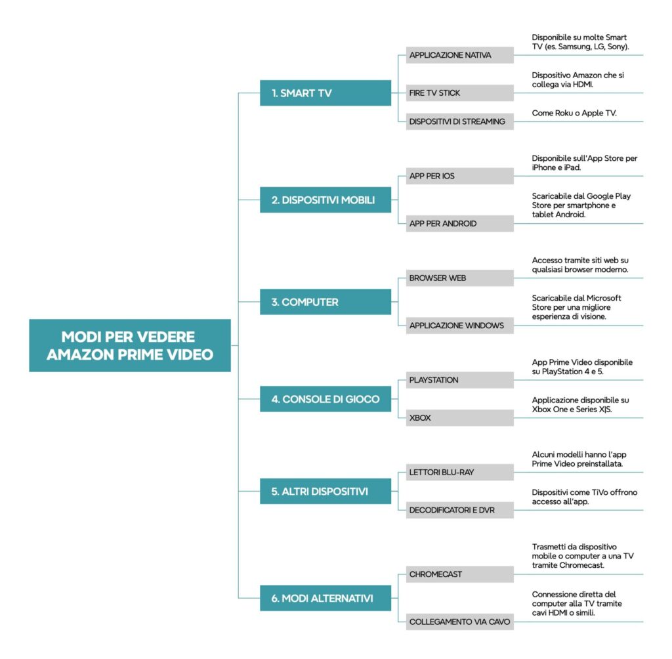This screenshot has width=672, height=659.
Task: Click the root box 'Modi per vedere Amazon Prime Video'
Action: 129,345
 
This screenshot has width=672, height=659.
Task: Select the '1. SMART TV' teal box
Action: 325,93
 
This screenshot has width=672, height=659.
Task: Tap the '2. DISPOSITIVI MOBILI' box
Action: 325,200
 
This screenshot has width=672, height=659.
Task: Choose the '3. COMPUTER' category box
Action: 325,302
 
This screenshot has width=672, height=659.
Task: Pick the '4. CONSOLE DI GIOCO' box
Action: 325,399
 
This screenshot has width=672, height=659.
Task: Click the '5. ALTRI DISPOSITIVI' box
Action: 325,491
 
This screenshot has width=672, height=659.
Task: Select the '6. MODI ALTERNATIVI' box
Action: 325,598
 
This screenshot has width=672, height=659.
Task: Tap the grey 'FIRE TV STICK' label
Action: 459,93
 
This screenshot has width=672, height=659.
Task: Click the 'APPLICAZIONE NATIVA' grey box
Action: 459,55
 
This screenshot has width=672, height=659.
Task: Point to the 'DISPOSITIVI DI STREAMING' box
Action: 459,121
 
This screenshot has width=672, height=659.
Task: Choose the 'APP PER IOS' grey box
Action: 459,177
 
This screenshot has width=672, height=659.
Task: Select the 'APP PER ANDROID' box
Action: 459,224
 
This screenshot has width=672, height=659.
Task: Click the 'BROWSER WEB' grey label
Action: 459,278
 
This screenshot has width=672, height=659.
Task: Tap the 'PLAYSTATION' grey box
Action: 459,380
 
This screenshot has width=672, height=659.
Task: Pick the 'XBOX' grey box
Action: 459,417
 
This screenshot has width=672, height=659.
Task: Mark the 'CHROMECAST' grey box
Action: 459,574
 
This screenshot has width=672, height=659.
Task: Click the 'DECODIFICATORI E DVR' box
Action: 459,510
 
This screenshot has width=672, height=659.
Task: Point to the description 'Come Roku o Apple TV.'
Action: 575,113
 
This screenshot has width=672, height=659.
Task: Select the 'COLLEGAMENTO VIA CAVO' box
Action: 459,622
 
